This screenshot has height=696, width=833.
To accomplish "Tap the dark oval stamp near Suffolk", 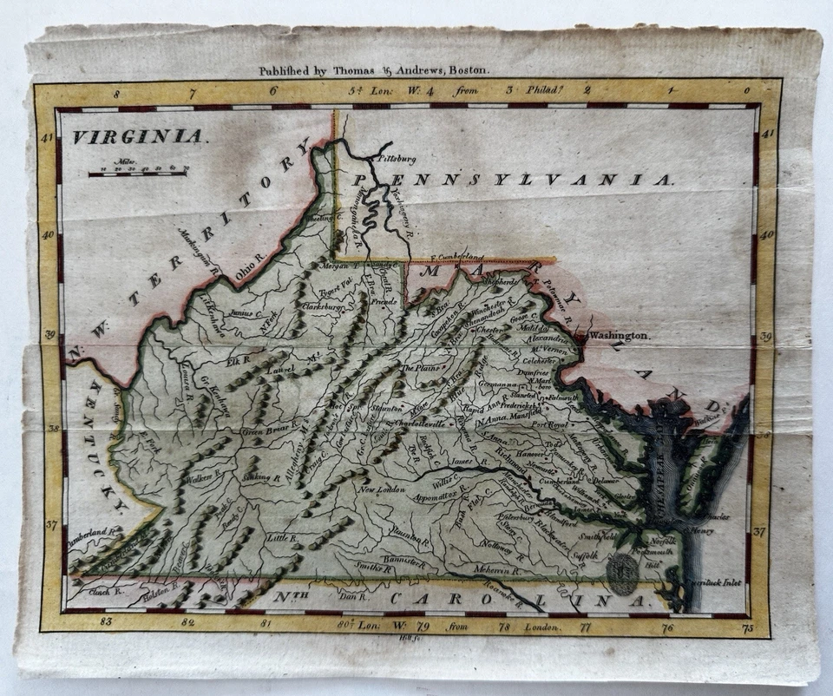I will pos(621,574).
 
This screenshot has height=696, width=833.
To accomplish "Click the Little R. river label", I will pos(281,538).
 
